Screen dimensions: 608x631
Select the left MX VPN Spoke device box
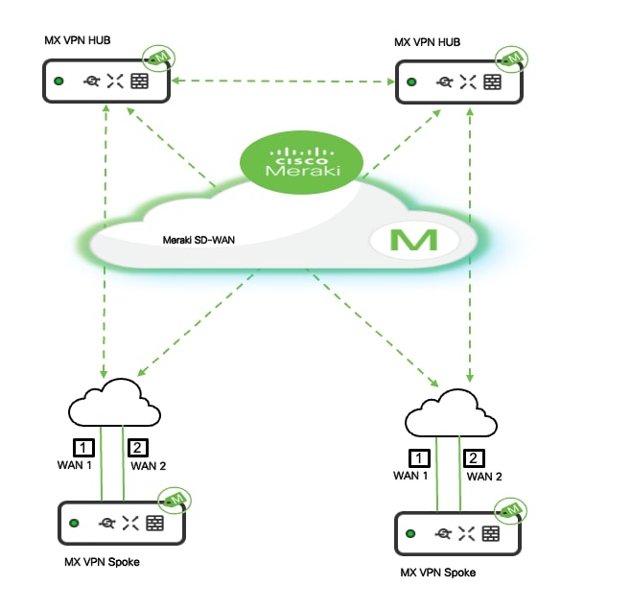(120, 524)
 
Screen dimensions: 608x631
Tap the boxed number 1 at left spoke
(84, 447)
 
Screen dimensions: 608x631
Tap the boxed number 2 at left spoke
(140, 447)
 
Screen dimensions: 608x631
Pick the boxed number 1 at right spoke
(419, 457)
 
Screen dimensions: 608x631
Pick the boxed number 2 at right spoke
(475, 457)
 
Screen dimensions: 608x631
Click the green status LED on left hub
(59, 82)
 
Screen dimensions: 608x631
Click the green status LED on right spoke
(412, 533)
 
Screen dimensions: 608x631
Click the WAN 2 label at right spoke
(485, 475)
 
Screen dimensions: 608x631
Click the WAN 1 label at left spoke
(76, 465)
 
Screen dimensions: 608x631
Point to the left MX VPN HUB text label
(76, 42)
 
